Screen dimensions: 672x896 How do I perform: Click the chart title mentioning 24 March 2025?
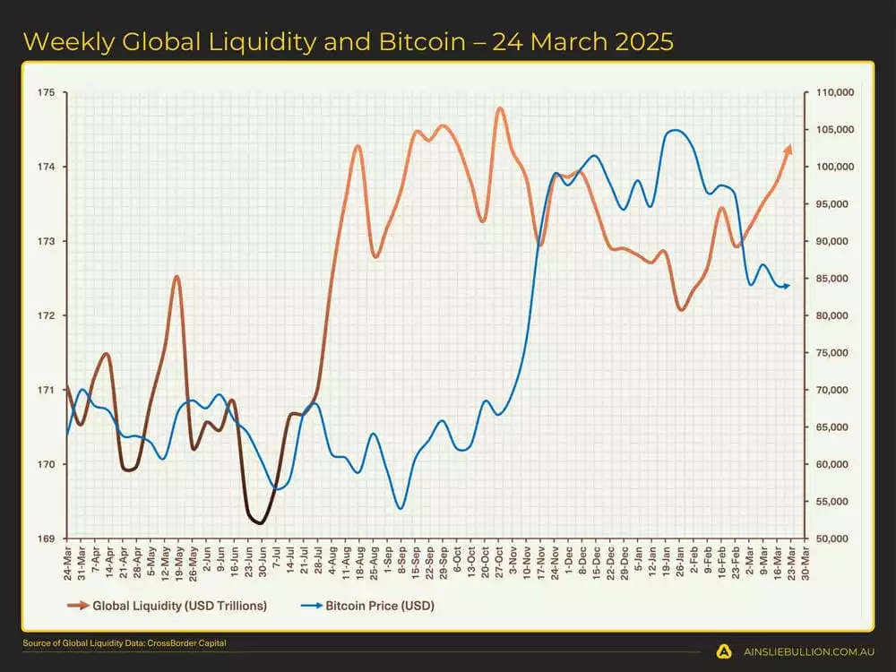pyautogui.click(x=348, y=41)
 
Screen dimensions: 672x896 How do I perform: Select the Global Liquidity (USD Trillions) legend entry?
pyautogui.click(x=168, y=606)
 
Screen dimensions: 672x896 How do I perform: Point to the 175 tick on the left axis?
pyautogui.click(x=47, y=93)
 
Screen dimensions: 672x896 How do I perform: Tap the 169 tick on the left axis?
pyautogui.click(x=47, y=539)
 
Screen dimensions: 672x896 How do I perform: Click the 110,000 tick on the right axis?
pyautogui.click(x=833, y=93)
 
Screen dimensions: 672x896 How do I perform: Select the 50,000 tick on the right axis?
pyautogui.click(x=831, y=539)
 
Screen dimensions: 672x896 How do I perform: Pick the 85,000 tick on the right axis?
pyautogui.click(x=831, y=279)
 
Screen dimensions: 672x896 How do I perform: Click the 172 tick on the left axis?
pyautogui.click(x=47, y=316)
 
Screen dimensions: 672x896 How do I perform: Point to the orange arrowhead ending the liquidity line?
pyautogui.click(x=788, y=149)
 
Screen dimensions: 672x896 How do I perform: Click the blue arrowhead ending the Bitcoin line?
pyautogui.click(x=787, y=286)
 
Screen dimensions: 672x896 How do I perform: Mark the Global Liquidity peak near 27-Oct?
pyautogui.click(x=499, y=108)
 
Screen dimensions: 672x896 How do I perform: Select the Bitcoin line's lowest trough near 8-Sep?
pyautogui.click(x=401, y=508)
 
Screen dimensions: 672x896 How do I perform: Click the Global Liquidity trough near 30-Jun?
pyautogui.click(x=260, y=522)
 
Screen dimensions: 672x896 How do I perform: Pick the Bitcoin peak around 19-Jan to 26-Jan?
pyautogui.click(x=675, y=131)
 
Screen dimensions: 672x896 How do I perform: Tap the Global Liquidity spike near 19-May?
pyautogui.click(x=177, y=277)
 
